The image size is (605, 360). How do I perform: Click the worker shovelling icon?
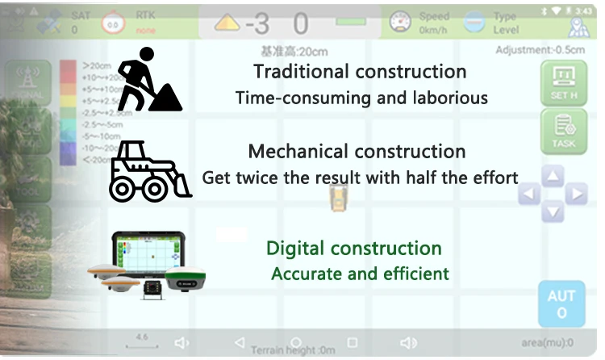(148, 80)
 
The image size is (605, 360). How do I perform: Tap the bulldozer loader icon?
(150, 170)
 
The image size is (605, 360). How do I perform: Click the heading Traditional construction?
(360, 71)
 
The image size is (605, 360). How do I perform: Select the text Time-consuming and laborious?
(361, 98)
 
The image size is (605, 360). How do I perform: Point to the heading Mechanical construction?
(357, 151)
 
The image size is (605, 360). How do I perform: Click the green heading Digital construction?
(353, 248)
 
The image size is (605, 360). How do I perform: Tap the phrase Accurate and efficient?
(360, 274)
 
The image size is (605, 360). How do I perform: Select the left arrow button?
(529, 195)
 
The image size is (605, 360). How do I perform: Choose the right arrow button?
(576, 195)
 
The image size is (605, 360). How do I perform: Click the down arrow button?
(553, 213)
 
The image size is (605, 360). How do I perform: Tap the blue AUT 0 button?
(561, 303)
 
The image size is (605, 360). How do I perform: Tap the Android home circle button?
(296, 342)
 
